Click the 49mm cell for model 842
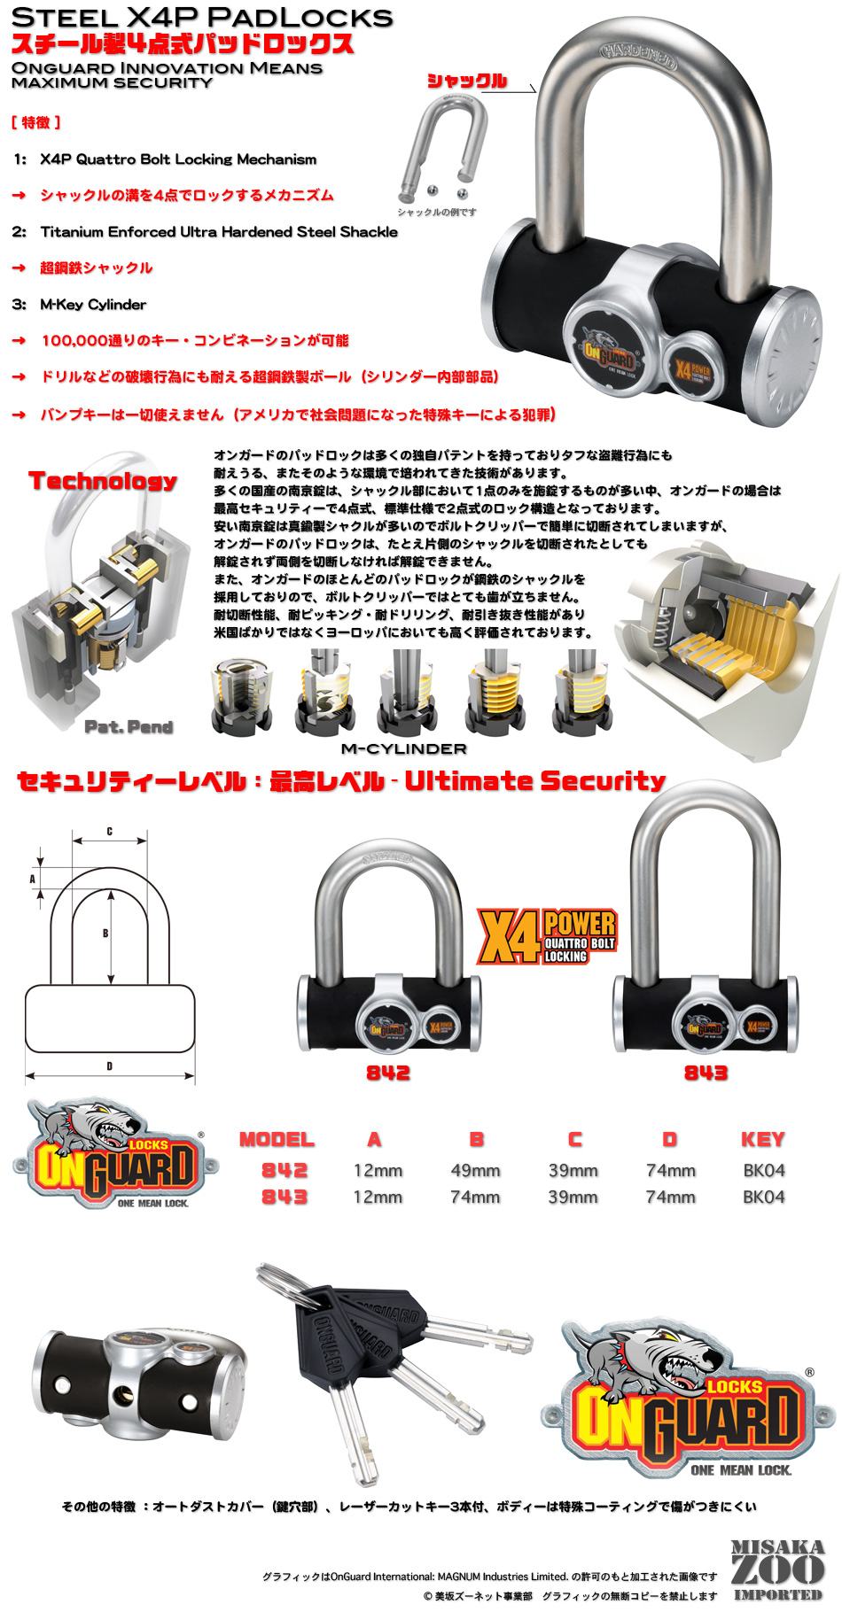[x=475, y=1170]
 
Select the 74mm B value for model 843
[x=475, y=1197]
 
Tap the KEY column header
[x=762, y=1139]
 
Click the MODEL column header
[x=277, y=1139]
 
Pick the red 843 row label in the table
[x=284, y=1197]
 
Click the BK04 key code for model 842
[x=763, y=1170]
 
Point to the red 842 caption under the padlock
[x=388, y=1073]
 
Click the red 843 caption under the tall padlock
[x=706, y=1073]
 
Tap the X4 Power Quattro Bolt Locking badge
[x=547, y=936]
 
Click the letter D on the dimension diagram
[x=110, y=1066]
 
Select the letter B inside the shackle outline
[x=105, y=934]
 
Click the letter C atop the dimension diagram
[x=110, y=832]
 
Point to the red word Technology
[x=103, y=481]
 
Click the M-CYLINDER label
[x=403, y=748]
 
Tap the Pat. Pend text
[x=129, y=727]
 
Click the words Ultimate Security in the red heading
[x=534, y=780]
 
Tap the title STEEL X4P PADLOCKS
[x=201, y=17]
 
